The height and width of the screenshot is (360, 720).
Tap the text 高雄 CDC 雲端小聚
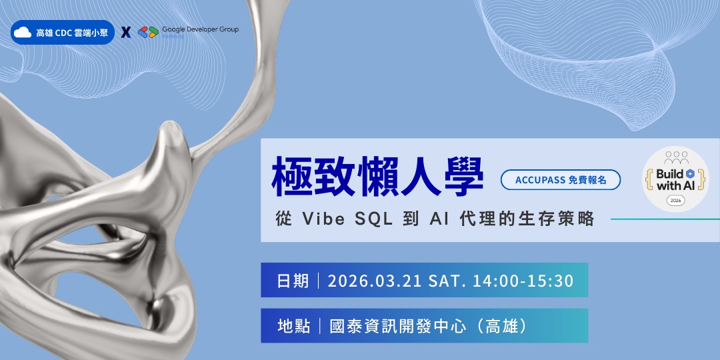coord(71,32)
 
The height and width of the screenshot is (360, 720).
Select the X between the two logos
coord(125,32)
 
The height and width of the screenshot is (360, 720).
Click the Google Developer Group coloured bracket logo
coord(147,32)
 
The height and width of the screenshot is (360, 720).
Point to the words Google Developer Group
coord(200,29)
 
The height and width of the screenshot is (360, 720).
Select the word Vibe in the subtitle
coord(324,219)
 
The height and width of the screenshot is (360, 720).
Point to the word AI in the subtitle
coord(430,219)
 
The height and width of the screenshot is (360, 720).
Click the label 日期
coord(293,281)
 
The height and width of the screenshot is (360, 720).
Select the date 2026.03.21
coord(374,281)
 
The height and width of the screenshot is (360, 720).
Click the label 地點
coord(293,326)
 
